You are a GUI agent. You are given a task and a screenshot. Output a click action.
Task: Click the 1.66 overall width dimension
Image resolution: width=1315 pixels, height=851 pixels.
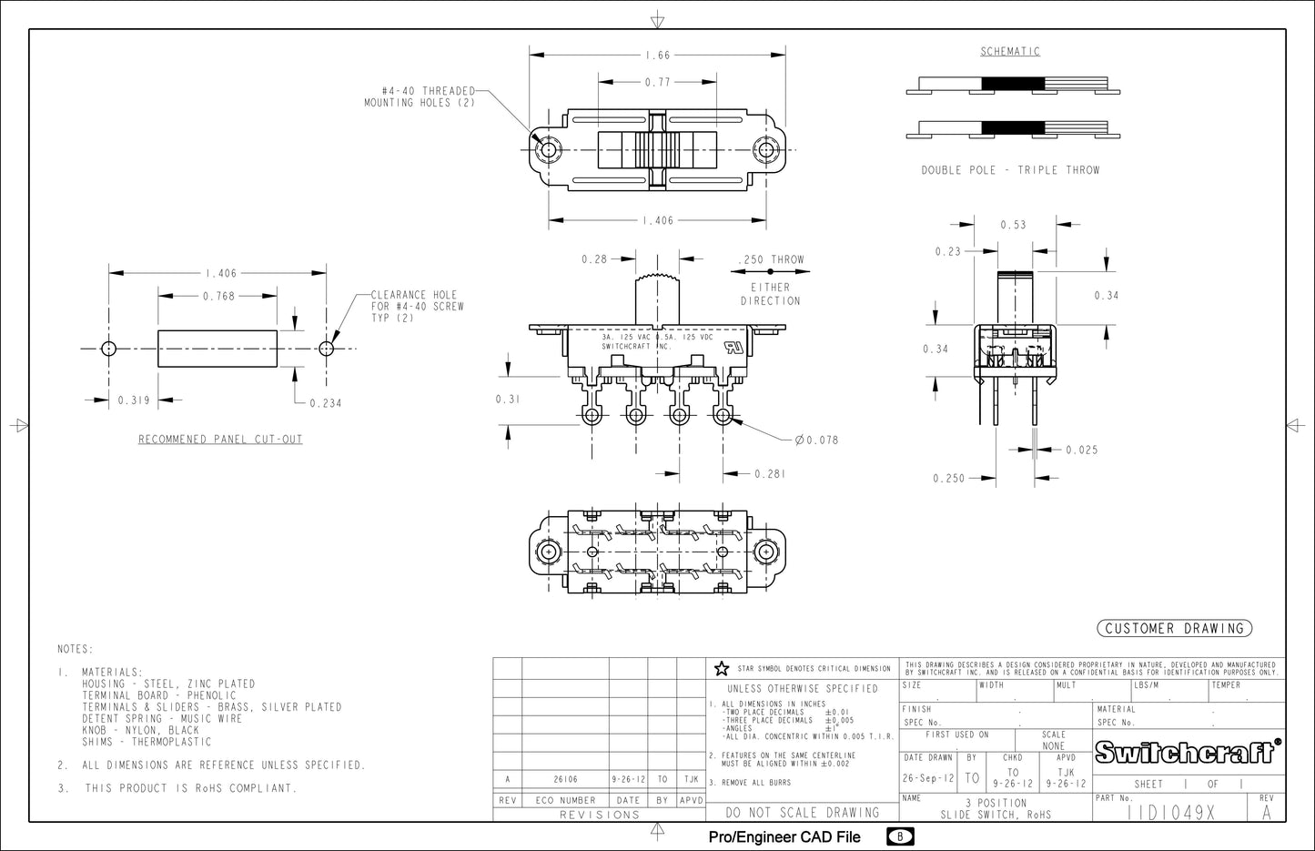click(657, 56)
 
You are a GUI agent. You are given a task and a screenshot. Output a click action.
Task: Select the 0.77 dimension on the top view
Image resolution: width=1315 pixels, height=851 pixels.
click(657, 82)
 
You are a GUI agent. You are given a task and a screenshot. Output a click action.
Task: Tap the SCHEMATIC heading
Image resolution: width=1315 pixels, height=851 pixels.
click(1010, 52)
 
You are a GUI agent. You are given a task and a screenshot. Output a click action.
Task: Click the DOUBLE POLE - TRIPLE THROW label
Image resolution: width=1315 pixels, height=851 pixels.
click(1010, 170)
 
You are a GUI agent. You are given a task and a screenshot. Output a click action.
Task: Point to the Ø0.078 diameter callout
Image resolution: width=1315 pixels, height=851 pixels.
click(816, 441)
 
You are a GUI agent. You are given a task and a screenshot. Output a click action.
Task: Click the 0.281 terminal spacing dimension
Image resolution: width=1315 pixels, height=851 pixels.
click(769, 474)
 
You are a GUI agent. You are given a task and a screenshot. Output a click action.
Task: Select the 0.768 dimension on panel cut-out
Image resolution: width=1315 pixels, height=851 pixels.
click(218, 296)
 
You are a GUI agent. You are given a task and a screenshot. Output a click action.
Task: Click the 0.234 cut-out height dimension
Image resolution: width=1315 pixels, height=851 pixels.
click(325, 403)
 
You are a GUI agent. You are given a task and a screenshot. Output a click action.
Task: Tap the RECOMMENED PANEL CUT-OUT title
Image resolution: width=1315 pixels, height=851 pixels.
click(220, 440)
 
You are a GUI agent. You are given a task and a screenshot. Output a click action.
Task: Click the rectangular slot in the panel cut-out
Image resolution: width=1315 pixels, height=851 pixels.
click(217, 349)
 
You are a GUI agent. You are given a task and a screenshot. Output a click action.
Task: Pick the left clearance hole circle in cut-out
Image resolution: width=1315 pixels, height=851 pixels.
click(109, 349)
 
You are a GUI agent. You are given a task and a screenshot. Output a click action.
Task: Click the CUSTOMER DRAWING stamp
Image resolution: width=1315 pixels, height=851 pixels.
click(1174, 628)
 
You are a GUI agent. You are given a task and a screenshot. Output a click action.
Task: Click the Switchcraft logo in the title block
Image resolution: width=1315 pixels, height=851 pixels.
click(1188, 753)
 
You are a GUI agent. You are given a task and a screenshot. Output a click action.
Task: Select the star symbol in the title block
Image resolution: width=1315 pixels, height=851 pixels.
click(722, 669)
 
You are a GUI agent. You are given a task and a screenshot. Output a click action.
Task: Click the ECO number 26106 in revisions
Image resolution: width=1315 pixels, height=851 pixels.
click(565, 780)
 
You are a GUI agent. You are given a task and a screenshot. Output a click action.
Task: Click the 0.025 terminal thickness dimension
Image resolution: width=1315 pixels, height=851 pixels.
click(1081, 450)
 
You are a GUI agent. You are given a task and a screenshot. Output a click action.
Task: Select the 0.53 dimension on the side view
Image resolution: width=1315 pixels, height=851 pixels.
click(1013, 225)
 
